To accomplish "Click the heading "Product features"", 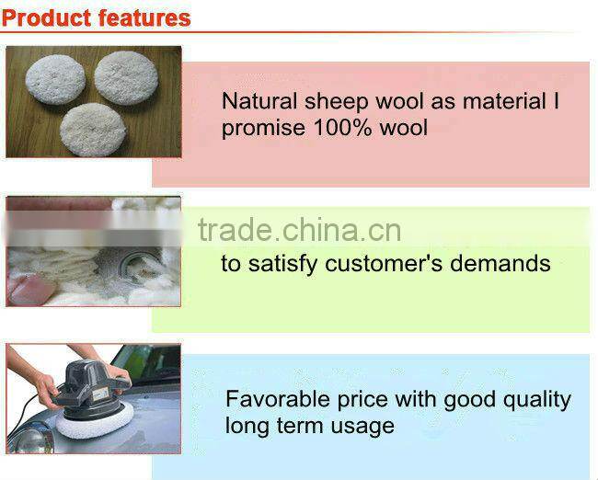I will point(96,17).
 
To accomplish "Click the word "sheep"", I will point(328,102).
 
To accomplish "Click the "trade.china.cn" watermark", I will point(299,230).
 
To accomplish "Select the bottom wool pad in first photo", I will point(92,129).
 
